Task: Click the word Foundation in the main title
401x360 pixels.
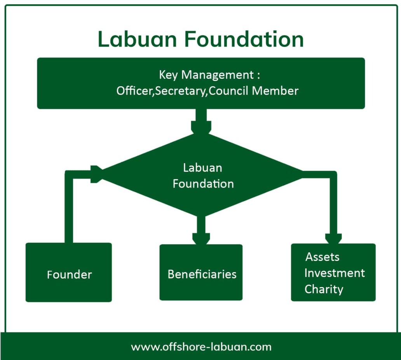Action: coord(244,39)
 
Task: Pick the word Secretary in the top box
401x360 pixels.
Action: coord(181,90)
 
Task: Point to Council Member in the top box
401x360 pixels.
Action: coord(254,90)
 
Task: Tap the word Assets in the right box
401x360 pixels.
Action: coord(322,257)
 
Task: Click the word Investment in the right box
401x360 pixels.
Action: coord(334,273)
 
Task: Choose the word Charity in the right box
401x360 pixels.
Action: coord(324,289)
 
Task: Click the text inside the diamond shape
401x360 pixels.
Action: coord(203,176)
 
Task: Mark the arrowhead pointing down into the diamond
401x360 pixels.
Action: coord(201,127)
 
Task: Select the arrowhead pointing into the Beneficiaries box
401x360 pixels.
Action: coord(201,238)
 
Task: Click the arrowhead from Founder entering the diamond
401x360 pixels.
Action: coord(97,174)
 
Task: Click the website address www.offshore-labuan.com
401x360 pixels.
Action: coord(201,346)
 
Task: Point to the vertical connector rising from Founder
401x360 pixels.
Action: coord(69,210)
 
